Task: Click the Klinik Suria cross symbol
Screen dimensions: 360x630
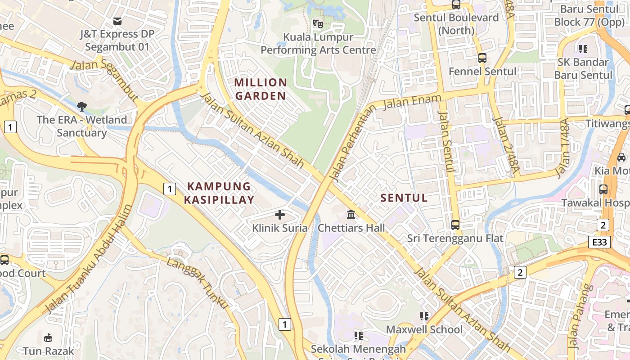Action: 280,215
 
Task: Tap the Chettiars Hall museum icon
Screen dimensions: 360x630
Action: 351,214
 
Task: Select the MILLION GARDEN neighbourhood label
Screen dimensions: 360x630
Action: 261,89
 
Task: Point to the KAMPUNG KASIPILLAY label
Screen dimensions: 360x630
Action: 219,193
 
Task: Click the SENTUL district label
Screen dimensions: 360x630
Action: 404,198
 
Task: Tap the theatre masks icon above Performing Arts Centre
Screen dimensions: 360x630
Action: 318,23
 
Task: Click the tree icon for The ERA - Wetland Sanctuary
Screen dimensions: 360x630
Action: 81,106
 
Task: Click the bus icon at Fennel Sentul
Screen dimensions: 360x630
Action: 482,58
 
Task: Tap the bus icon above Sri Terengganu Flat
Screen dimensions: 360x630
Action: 455,225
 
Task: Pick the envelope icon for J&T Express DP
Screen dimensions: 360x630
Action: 117,21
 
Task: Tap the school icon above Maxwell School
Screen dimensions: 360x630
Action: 424,316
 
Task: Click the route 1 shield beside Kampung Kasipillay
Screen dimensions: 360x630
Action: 169,189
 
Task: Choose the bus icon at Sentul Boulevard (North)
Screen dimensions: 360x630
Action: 456,5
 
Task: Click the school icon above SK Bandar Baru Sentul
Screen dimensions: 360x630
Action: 583,49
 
